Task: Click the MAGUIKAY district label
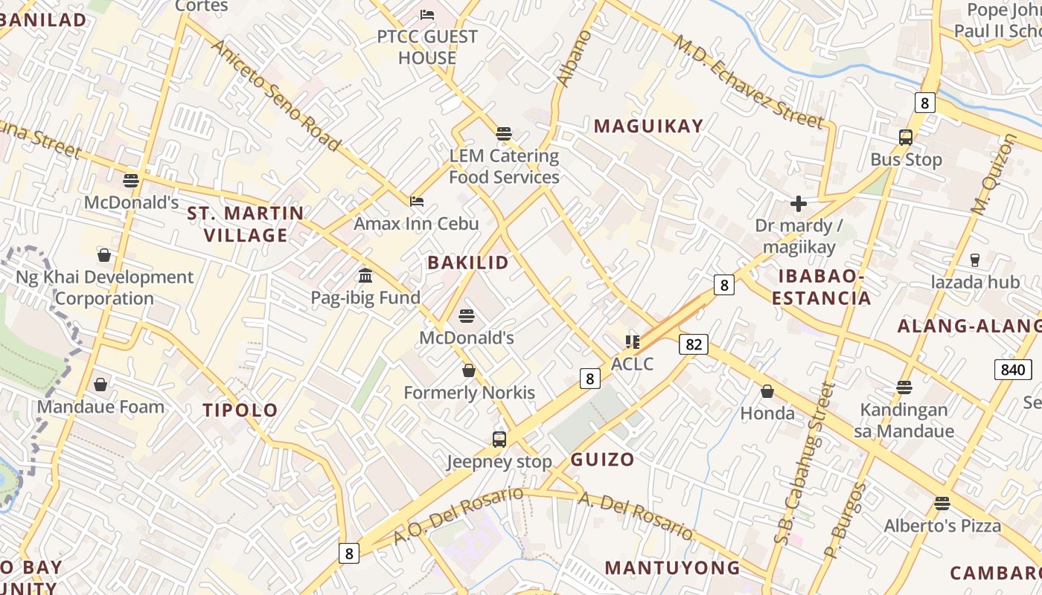click(648, 126)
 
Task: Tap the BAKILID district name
click(468, 262)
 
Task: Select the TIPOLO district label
click(240, 410)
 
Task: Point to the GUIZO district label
click(602, 459)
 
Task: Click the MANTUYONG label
click(672, 567)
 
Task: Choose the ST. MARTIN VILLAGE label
click(246, 224)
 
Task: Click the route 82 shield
click(693, 344)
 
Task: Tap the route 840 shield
click(1013, 370)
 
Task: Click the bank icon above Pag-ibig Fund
click(365, 276)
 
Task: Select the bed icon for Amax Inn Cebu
click(417, 201)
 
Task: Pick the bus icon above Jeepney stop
click(499, 439)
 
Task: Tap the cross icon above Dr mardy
click(799, 203)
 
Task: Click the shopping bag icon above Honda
click(767, 391)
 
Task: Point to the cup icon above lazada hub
click(975, 260)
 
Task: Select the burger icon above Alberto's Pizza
click(942, 504)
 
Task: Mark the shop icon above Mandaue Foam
click(100, 385)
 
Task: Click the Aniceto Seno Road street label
click(276, 95)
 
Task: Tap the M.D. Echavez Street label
click(749, 81)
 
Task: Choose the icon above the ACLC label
click(633, 341)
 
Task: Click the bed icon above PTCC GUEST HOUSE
click(427, 14)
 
